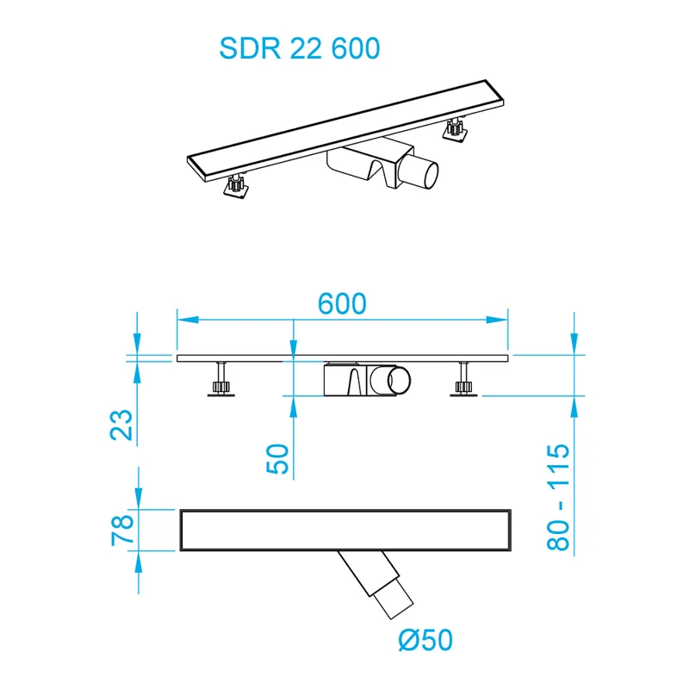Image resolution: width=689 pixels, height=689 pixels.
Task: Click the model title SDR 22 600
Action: (299, 48)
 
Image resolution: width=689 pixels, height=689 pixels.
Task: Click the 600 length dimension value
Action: (342, 303)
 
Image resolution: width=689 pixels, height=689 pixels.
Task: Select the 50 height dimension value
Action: (278, 459)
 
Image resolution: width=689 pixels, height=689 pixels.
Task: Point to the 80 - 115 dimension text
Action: (558, 500)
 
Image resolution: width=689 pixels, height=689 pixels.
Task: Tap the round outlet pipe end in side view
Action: (400, 381)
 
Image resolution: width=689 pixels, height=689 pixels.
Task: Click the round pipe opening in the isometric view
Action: (422, 173)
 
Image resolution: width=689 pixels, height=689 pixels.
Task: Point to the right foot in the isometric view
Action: (454, 130)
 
